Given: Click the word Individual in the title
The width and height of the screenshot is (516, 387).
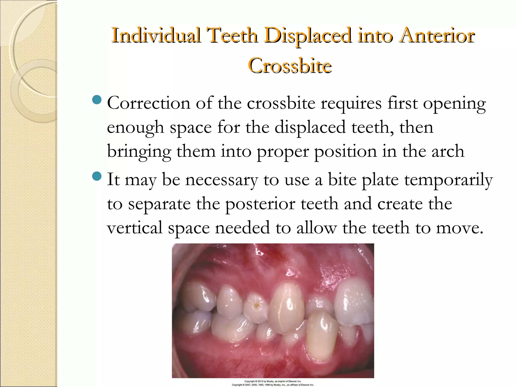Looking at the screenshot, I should pos(156,36).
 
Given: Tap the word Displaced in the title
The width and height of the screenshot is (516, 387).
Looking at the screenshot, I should pos(308,36).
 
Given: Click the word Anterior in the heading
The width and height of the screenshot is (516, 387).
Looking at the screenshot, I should pos(437,36).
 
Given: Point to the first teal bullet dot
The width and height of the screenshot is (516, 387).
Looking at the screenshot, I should pos(97,100).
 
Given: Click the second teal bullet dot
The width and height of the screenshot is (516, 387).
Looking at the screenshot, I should pos(97,176).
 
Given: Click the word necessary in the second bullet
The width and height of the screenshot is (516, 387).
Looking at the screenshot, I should pos(222,180).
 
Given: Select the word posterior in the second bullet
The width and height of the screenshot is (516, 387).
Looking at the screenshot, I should pos(260,204).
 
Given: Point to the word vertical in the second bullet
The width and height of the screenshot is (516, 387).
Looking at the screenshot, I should pos(135,228).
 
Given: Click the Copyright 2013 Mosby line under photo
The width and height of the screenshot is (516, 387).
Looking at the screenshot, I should pos(273,381).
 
